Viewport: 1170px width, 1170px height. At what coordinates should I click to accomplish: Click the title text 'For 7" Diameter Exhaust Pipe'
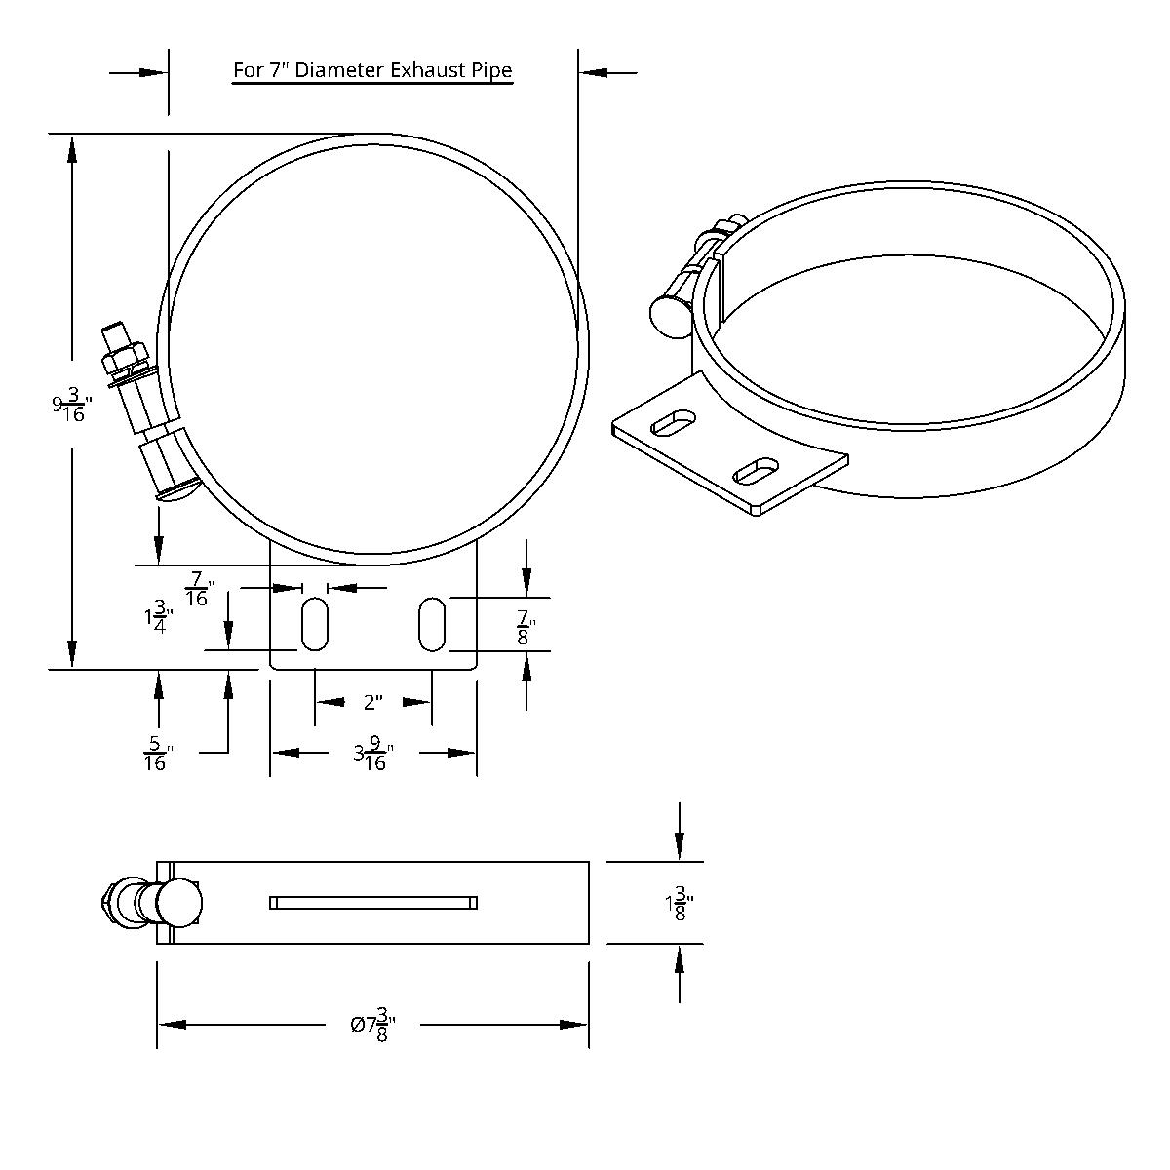pos(372,70)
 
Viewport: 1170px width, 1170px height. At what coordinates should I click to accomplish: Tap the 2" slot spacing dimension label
pos(372,702)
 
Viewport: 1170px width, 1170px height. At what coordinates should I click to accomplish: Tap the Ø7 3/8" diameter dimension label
pos(372,1025)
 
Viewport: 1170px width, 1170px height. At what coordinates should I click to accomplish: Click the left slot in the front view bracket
pos(314,624)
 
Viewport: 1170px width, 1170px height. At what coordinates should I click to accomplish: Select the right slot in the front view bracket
pos(432,624)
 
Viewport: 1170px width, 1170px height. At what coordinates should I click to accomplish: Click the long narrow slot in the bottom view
pos(373,903)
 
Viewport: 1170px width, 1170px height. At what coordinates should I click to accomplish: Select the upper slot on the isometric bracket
pos(674,423)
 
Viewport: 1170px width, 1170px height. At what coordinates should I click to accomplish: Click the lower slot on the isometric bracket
pos(756,472)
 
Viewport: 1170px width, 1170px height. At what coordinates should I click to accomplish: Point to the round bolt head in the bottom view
pos(177,903)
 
